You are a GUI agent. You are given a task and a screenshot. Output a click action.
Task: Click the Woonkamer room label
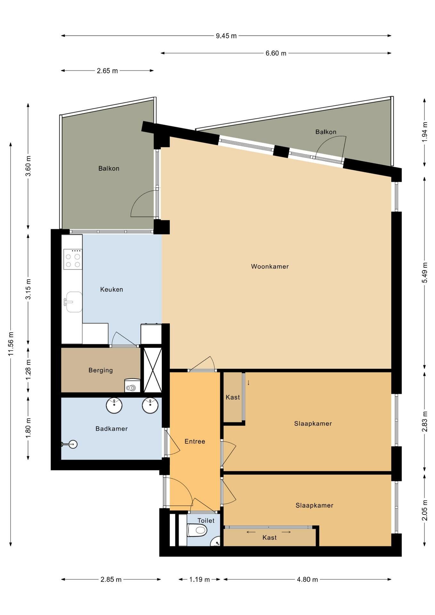pyautogui.click(x=270, y=266)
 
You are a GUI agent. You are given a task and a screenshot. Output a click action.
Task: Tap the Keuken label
pyautogui.click(x=111, y=290)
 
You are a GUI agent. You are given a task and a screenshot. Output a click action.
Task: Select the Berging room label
pyautogui.click(x=101, y=371)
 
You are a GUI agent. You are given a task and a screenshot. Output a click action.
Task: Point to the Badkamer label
pyautogui.click(x=111, y=429)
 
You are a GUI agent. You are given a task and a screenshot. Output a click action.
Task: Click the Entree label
pyautogui.click(x=195, y=441)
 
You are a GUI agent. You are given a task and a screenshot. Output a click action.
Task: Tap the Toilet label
pyautogui.click(x=206, y=521)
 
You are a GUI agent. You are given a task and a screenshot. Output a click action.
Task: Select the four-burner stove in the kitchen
pyautogui.click(x=73, y=259)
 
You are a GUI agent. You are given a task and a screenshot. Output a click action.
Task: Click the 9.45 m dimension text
pyautogui.click(x=226, y=36)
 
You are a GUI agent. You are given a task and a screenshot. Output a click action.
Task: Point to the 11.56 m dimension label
pyautogui.click(x=11, y=344)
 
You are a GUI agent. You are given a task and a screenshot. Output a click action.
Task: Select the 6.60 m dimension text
pyautogui.click(x=276, y=53)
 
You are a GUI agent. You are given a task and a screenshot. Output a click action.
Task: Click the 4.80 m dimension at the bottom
pyautogui.click(x=308, y=579)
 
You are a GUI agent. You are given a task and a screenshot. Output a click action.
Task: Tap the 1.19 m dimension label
pyautogui.click(x=200, y=579)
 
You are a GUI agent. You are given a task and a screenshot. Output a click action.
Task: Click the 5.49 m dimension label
pyautogui.click(x=425, y=273)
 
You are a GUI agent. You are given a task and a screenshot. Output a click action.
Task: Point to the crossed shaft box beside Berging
pyautogui.click(x=152, y=370)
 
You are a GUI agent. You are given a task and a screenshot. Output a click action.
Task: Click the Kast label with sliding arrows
pyautogui.click(x=269, y=537)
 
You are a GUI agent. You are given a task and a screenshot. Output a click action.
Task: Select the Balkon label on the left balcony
pyautogui.click(x=109, y=168)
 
